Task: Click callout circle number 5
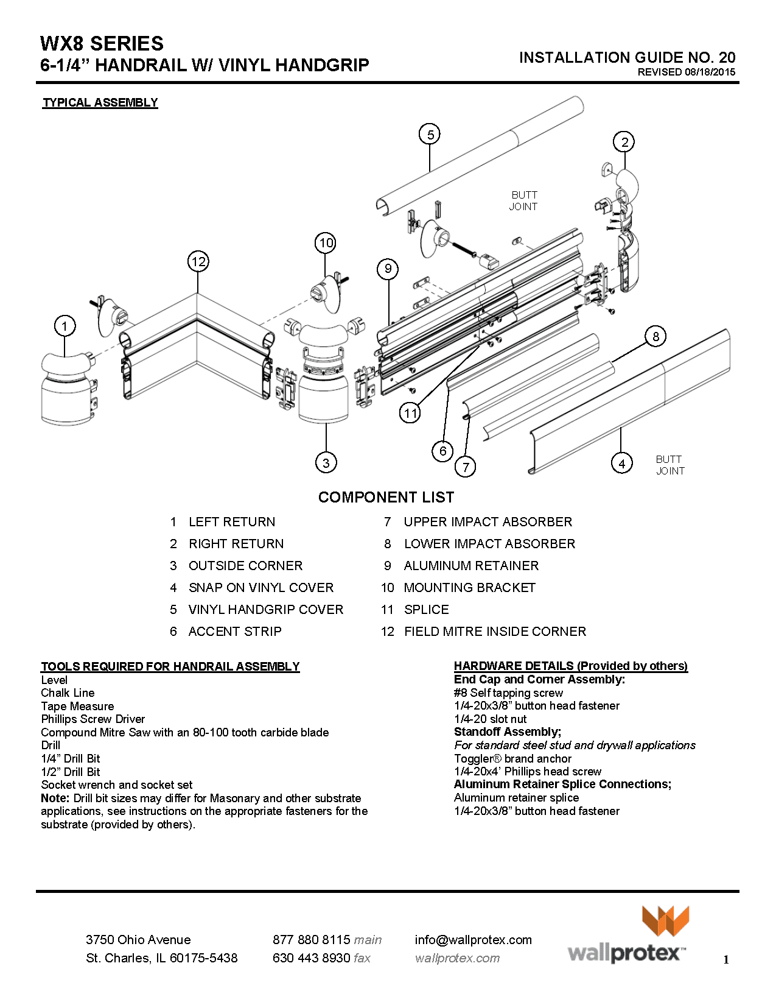(430, 134)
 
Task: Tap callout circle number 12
(198, 262)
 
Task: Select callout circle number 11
(410, 413)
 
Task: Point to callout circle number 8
(655, 336)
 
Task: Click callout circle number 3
(326, 462)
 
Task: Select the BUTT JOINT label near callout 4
(670, 465)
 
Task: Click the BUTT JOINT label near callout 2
(523, 200)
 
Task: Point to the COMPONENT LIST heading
(386, 497)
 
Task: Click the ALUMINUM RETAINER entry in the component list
(470, 566)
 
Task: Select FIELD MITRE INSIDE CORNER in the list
(494, 632)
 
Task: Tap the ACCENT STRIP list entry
(234, 632)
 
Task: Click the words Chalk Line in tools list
(68, 693)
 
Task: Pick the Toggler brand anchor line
(512, 759)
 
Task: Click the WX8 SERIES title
(102, 44)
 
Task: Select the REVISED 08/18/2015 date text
(686, 72)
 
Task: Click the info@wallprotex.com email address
(473, 940)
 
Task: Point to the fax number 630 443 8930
(311, 958)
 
